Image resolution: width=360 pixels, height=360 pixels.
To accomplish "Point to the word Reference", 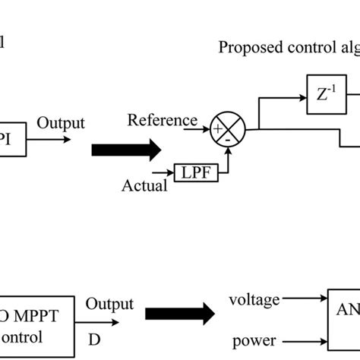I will tap(163, 120).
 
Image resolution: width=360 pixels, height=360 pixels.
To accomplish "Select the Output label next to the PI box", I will tap(61, 123).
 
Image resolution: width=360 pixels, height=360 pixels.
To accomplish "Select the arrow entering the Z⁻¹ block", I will tap(289, 96).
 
